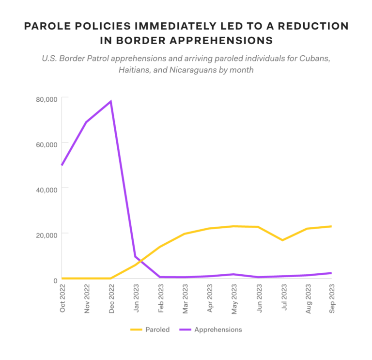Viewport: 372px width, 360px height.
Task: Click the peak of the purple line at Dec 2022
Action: (x=111, y=101)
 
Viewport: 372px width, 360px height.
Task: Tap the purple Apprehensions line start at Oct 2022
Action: (x=62, y=165)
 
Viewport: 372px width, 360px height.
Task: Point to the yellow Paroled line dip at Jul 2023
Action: (x=282, y=240)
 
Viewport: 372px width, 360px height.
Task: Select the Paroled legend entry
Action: (x=150, y=329)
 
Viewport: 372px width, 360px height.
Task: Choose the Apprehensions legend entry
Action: (x=210, y=329)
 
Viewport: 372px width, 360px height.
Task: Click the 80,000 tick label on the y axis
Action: (x=46, y=99)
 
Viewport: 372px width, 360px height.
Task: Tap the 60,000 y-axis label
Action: (x=46, y=144)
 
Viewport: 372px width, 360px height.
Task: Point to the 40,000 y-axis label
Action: (x=46, y=189)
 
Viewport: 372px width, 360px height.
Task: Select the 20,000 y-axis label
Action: (x=46, y=234)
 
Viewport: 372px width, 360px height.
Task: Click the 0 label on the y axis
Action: (x=55, y=280)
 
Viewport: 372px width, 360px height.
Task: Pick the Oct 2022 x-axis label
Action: (x=62, y=298)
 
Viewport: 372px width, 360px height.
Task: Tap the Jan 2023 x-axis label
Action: (x=136, y=298)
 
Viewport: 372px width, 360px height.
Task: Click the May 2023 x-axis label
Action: (x=234, y=298)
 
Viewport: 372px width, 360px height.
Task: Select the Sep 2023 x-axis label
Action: (x=332, y=298)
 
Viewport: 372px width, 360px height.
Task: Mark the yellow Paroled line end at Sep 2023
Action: (x=331, y=226)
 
